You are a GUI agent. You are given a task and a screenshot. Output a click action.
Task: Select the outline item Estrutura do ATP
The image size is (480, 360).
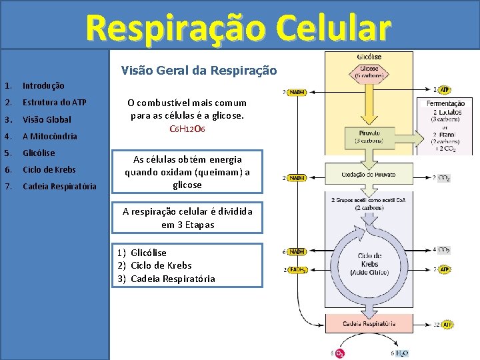pos(54,103)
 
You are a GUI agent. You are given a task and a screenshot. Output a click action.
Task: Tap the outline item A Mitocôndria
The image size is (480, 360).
pos(49,136)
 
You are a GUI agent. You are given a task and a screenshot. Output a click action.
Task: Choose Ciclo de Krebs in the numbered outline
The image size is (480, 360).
pos(49,169)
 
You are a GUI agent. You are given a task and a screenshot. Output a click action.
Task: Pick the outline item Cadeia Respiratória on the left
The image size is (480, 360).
pos(59,186)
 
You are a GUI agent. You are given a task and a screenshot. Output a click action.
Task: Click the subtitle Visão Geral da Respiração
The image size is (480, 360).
pos(199,70)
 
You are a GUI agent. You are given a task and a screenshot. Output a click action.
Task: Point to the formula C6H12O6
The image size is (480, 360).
pos(187,128)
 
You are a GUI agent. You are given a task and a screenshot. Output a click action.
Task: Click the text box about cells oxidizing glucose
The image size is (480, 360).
pos(187,172)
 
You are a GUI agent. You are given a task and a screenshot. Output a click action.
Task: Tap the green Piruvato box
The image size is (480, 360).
pos(369,136)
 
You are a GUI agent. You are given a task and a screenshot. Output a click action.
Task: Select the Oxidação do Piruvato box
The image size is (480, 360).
pos(369,175)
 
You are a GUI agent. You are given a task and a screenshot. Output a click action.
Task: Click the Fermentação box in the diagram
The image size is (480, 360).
pos(445,125)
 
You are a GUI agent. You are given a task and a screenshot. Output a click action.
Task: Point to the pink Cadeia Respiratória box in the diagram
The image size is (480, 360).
pos(369,324)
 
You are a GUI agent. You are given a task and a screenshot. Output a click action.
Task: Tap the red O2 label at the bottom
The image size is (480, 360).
pos(339,353)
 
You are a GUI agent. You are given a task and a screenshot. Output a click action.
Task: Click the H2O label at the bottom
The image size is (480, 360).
pos(401,353)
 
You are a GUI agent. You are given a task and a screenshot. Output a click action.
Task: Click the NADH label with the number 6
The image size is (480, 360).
pos(297,252)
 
